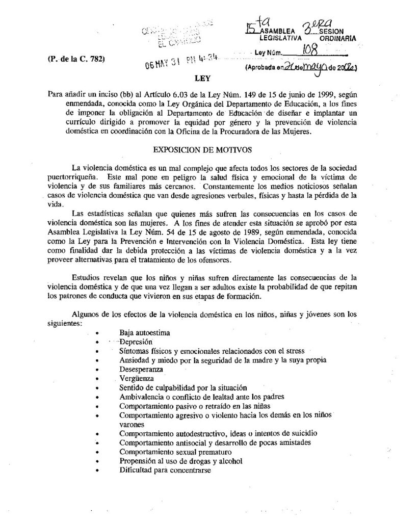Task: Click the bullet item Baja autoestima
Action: (x=145, y=332)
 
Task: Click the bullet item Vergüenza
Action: (x=136, y=378)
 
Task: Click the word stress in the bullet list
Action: (x=294, y=351)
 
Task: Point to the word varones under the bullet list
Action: (x=132, y=424)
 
